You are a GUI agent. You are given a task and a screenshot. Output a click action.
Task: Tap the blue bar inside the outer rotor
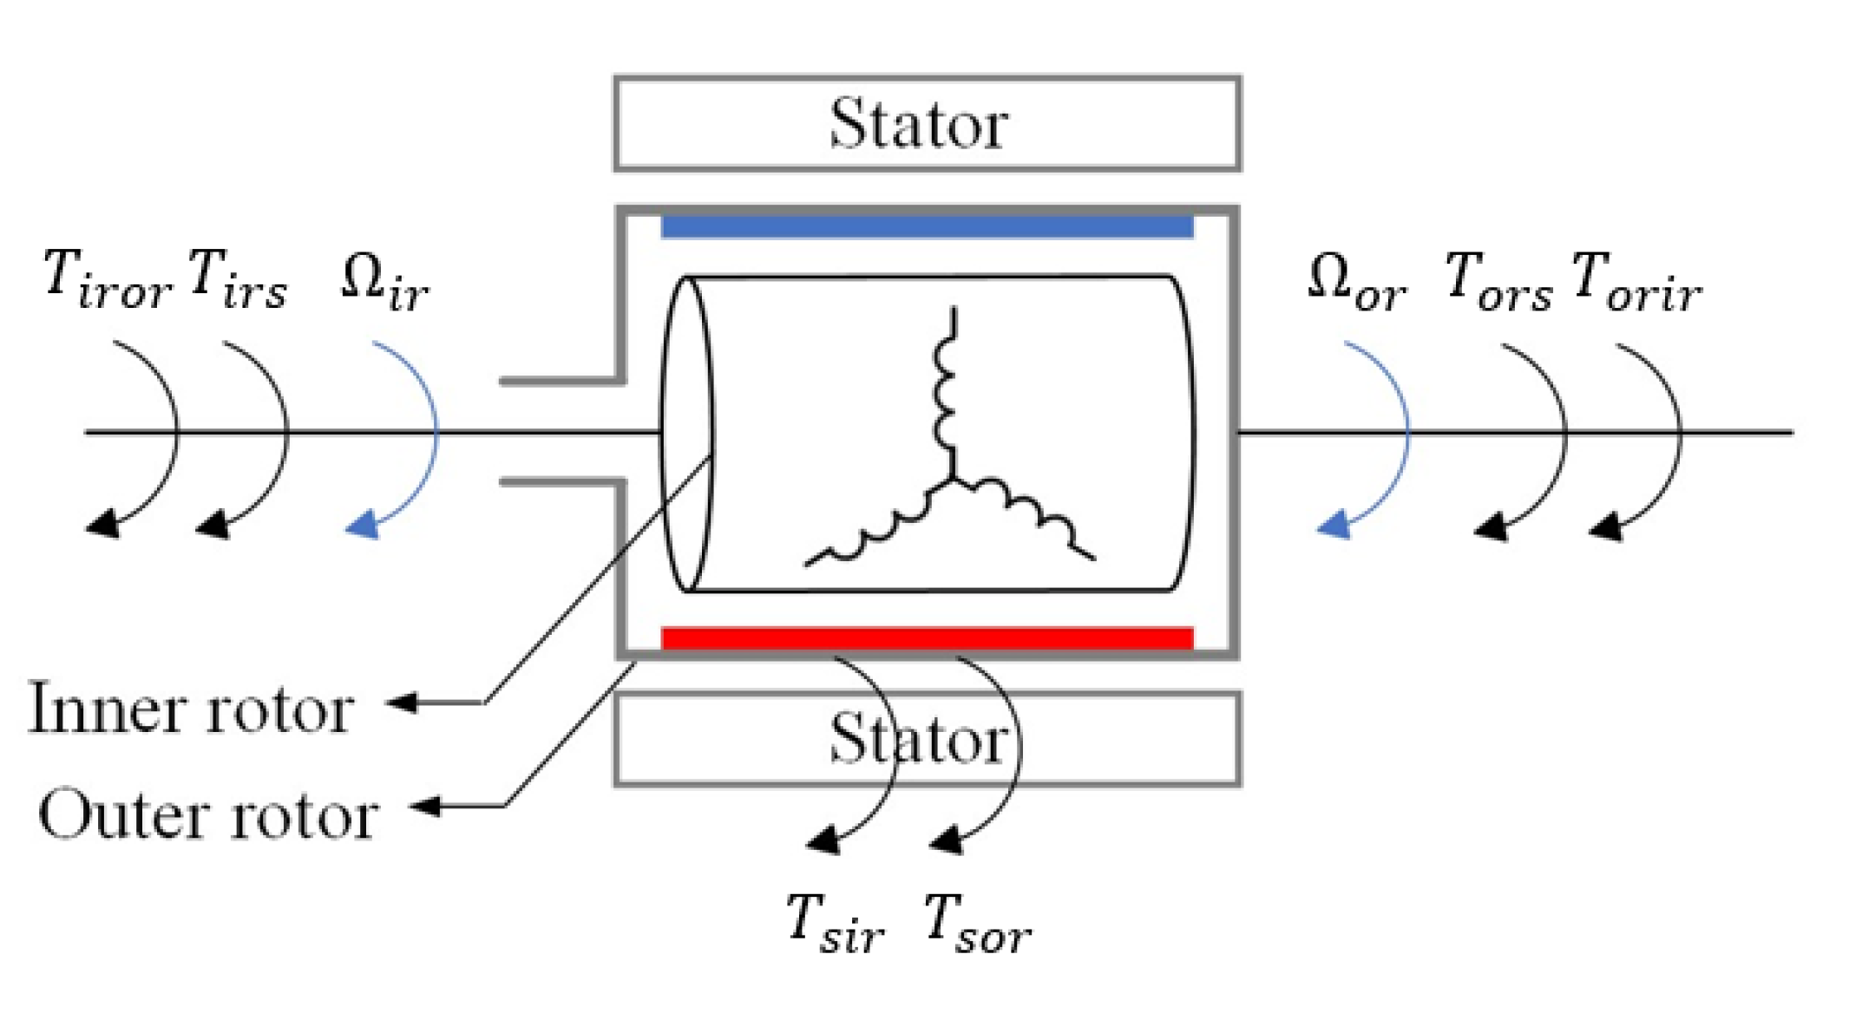[927, 226]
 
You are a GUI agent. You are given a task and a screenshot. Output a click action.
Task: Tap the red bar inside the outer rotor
[927, 638]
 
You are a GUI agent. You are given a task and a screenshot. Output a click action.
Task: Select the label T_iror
[108, 279]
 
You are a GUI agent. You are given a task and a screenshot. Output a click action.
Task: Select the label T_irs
[237, 279]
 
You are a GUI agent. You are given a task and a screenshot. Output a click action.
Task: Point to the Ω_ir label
[384, 281]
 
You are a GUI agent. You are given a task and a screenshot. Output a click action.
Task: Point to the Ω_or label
[1356, 281]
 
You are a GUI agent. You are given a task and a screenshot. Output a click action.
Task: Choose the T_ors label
[1498, 281]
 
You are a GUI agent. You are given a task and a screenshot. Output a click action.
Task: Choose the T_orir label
[1636, 281]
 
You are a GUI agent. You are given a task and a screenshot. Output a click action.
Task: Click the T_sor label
[977, 925]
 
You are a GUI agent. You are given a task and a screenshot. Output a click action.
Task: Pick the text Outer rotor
[208, 815]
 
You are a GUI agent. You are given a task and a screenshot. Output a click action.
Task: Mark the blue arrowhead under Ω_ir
[363, 526]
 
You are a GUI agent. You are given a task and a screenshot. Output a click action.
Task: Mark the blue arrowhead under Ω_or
[1334, 526]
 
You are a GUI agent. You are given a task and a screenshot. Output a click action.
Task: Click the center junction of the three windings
[953, 478]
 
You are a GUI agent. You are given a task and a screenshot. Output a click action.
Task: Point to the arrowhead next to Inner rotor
[401, 702]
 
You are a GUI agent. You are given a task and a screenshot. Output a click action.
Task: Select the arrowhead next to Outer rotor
[425, 806]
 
